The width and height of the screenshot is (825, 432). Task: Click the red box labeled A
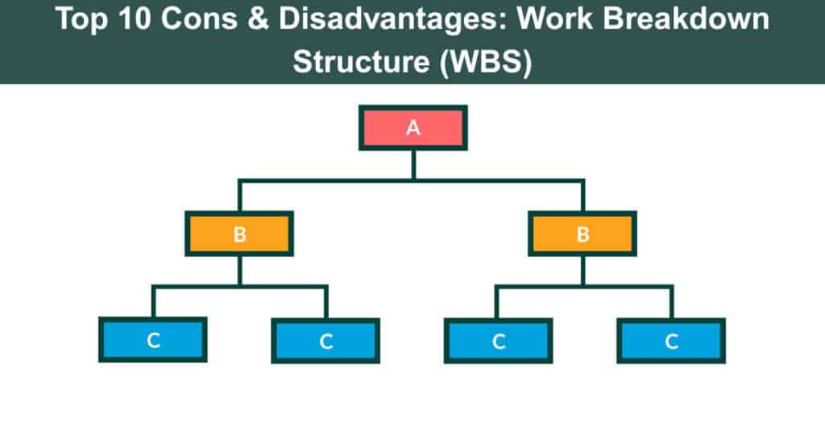click(x=412, y=128)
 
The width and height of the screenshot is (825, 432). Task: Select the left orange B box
click(x=239, y=234)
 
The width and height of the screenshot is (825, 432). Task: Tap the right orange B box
click(x=582, y=234)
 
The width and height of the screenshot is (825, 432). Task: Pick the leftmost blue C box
click(x=153, y=340)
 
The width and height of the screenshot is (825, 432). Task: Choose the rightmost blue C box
click(x=671, y=340)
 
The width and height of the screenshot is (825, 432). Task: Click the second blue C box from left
click(x=325, y=340)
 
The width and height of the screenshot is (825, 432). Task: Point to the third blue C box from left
click(x=499, y=340)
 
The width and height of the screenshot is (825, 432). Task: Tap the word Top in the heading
click(x=83, y=20)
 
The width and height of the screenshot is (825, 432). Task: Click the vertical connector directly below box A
click(x=412, y=164)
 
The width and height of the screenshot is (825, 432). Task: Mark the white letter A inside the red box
click(x=412, y=128)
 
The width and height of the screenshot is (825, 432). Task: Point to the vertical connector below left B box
click(x=239, y=270)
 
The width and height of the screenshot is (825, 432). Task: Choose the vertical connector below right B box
click(x=582, y=270)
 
